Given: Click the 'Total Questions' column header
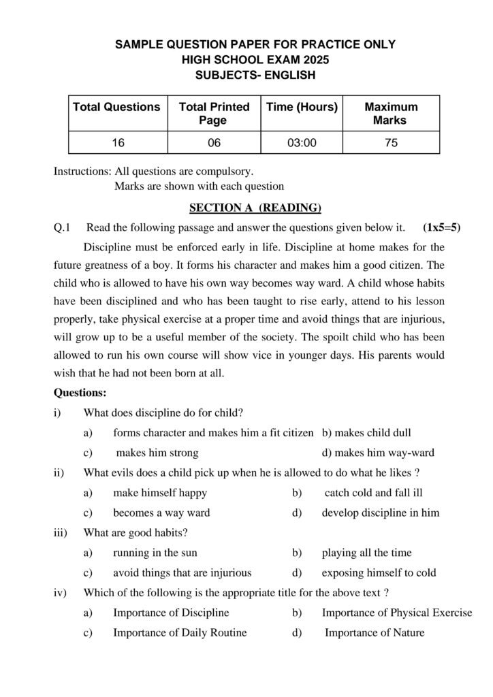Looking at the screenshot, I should [x=116, y=107].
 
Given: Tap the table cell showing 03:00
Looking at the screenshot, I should [x=302, y=143].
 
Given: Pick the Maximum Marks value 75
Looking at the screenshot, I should [x=391, y=143].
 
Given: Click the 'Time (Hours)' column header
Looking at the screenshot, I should [x=302, y=107].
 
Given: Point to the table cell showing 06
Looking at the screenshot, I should [x=213, y=143].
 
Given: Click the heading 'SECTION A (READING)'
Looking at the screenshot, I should [x=255, y=208].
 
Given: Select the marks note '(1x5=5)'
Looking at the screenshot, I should [x=441, y=227].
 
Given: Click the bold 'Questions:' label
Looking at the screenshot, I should [x=80, y=393].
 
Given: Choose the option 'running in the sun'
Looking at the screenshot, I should [x=155, y=553].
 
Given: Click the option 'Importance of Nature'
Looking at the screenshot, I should [x=374, y=632].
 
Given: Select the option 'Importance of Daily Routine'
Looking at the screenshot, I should [x=180, y=632].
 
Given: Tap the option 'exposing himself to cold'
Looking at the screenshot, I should [x=379, y=572].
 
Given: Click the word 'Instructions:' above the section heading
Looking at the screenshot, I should [x=82, y=172].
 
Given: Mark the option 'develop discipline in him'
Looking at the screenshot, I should [x=381, y=513].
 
